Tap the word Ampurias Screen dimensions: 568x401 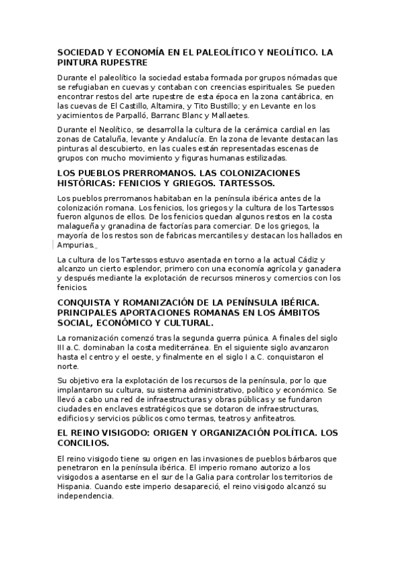coord(76,244)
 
